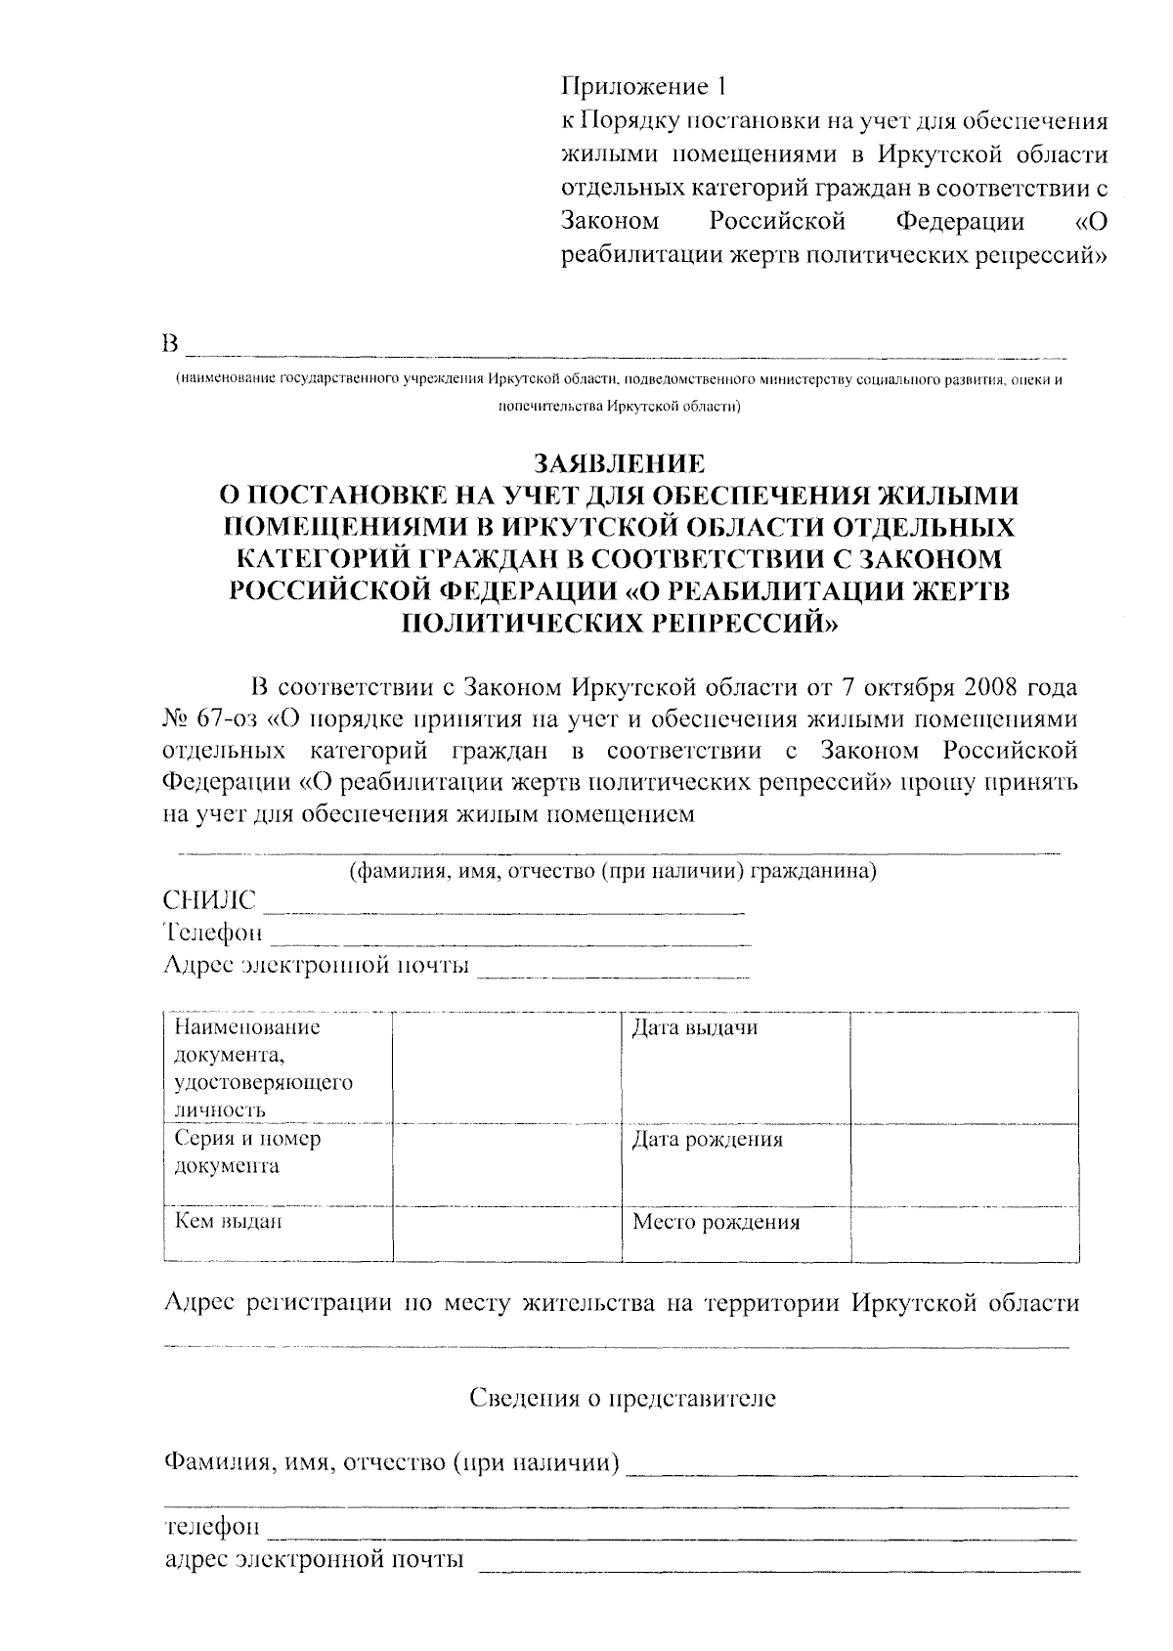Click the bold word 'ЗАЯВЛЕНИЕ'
point(617,461)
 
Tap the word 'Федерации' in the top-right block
point(960,222)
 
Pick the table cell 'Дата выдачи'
point(694,1028)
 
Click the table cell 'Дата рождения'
point(707,1140)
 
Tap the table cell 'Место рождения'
point(716,1222)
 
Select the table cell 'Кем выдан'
point(228,1221)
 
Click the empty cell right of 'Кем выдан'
point(506,1234)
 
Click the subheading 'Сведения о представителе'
point(623,1399)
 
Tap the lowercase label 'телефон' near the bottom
point(212,1527)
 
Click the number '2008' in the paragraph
point(996,687)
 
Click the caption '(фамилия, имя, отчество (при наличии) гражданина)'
point(613,872)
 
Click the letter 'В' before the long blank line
point(171,346)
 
